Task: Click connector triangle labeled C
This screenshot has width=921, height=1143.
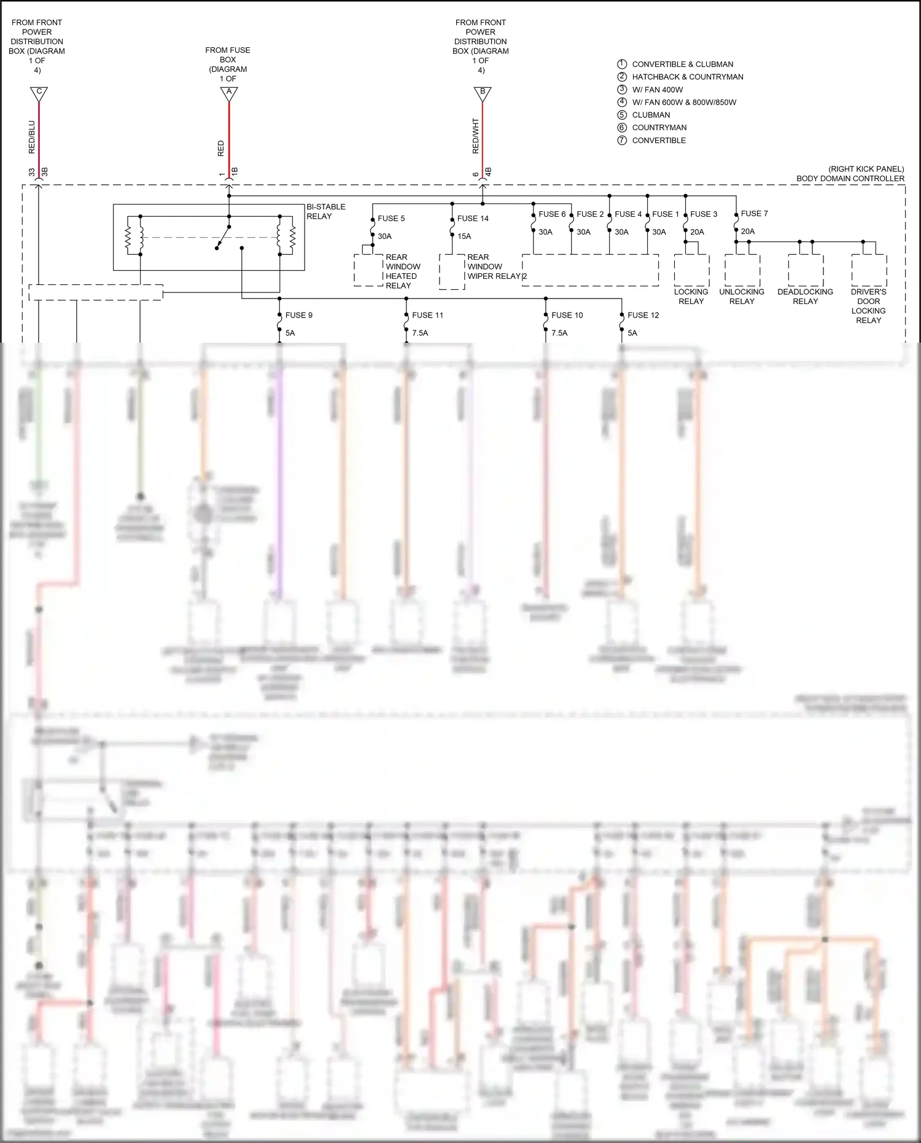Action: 39,93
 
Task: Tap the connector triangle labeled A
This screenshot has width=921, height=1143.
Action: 229,93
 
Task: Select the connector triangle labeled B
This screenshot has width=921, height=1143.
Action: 483,93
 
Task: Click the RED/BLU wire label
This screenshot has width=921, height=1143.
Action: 32,136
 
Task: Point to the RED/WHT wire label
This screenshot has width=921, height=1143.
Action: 476,136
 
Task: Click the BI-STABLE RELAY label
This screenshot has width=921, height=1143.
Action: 325,211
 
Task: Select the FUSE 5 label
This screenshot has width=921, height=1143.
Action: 391,218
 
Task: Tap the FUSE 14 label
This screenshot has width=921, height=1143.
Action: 473,218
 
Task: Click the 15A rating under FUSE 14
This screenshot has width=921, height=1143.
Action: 464,236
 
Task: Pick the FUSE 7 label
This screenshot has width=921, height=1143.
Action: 754,213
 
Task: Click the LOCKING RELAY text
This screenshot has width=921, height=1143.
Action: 691,297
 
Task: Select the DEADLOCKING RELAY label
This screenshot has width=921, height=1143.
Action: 805,297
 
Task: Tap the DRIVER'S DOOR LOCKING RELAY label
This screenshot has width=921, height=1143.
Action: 868,306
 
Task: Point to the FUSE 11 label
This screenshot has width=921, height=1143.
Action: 427,315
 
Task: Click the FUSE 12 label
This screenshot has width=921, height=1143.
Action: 643,315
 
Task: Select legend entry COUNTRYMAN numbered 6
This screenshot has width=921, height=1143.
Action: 659,128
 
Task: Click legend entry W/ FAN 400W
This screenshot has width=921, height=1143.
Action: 657,90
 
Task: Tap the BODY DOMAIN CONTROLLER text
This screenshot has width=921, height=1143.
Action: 850,179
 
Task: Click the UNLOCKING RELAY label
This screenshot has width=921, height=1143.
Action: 742,297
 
